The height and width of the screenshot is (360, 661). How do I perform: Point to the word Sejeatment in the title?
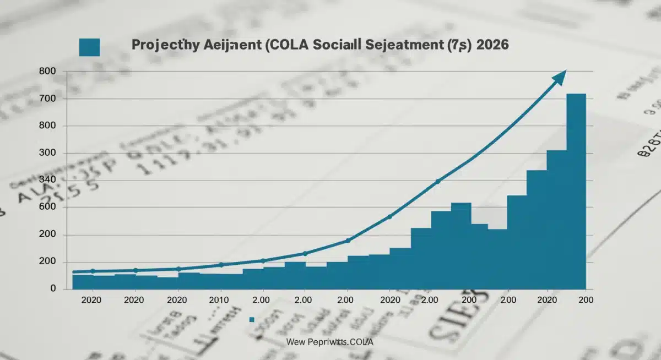coord(403,46)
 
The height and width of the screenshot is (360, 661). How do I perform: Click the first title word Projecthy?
coord(160,46)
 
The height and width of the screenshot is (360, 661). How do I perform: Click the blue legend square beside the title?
coord(89,47)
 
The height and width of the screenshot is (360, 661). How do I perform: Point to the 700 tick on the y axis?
coord(48,99)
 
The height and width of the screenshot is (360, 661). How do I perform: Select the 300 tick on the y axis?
coord(48,153)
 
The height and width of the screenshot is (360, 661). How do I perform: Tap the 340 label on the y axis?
coord(48,180)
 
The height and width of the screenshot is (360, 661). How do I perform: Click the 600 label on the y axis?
coord(48,208)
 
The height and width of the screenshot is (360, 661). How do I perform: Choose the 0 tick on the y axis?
coord(53,288)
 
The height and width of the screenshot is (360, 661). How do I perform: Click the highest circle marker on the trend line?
coord(438,181)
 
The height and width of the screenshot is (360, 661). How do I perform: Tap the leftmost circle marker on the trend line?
coord(93,271)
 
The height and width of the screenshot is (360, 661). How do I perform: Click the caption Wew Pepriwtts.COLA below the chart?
coord(330,342)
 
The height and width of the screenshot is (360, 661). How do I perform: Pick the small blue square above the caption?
coord(251,319)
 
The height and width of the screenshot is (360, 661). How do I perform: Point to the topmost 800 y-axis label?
coord(48,72)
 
